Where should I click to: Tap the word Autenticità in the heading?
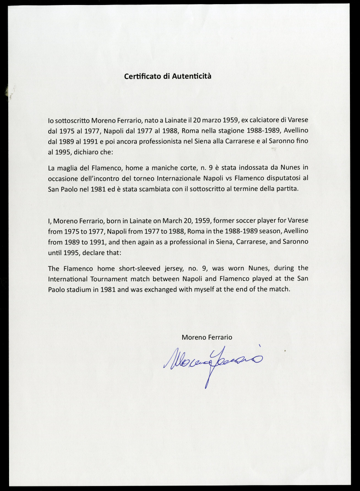[191, 76]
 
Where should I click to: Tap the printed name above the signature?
[207, 337]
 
